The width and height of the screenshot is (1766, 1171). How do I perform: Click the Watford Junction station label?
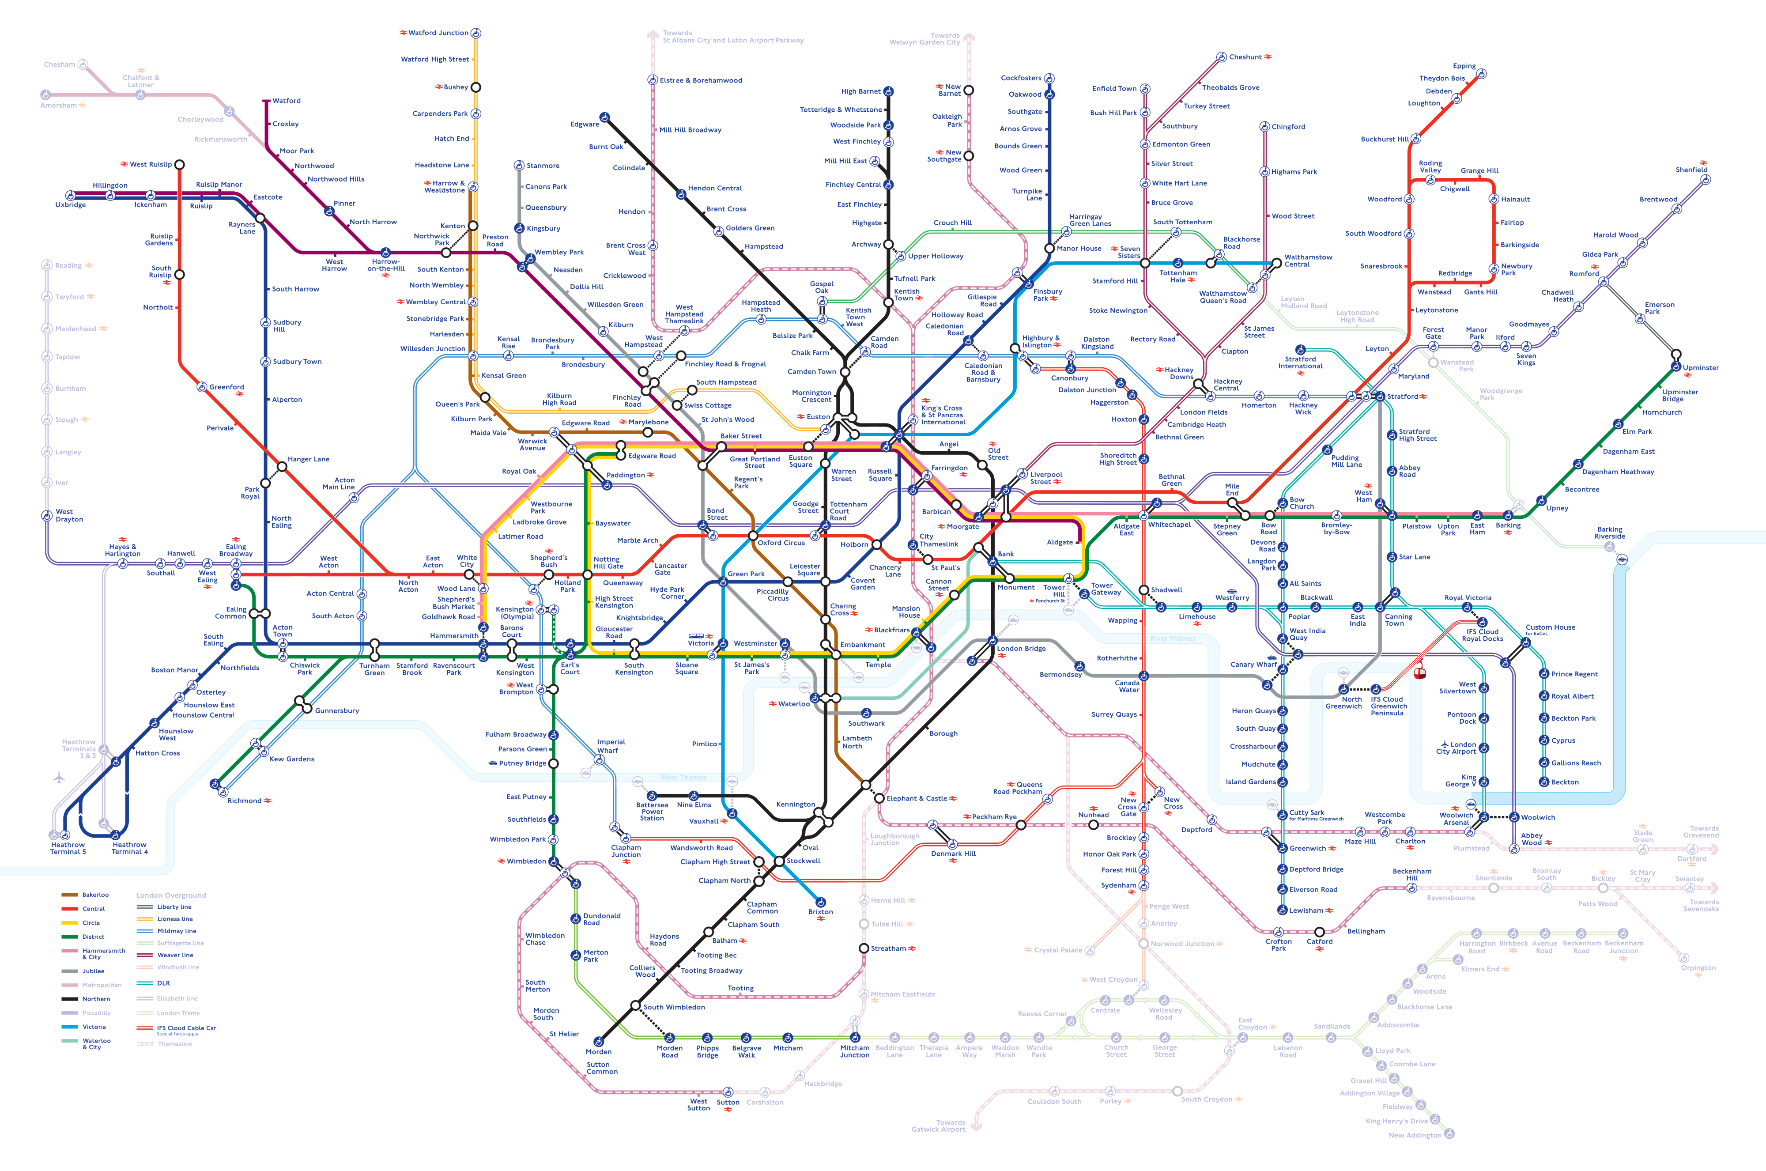pos(438,33)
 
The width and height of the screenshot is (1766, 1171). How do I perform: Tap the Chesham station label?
pos(59,64)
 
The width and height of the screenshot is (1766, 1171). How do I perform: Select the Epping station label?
pos(1464,66)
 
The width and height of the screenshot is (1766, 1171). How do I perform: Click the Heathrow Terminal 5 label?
pos(68,848)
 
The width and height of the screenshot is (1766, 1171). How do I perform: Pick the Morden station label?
pos(598,1051)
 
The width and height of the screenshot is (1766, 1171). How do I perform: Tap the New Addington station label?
pos(1414,1135)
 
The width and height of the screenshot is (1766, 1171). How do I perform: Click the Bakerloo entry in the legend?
pos(95,895)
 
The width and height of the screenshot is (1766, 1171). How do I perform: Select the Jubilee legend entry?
pos(93,971)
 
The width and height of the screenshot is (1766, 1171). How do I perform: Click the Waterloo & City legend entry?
pos(96,1043)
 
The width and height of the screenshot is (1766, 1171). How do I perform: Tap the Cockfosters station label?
pos(1021,78)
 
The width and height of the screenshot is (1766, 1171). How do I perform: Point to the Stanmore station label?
pos(543,166)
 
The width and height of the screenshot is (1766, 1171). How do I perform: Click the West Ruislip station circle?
pos(179,164)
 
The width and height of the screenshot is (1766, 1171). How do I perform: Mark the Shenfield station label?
pos(1691,170)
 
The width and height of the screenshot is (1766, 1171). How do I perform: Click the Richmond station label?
pos(244,801)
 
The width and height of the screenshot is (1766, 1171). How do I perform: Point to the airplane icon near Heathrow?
pos(60,778)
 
